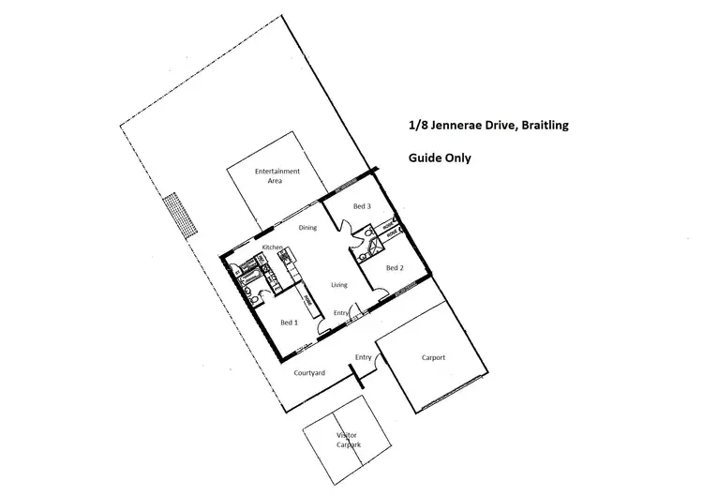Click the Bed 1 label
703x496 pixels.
coord(290,323)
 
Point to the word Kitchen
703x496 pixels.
coord(273,247)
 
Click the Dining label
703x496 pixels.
coord(308,227)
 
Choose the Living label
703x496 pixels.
coord(339,284)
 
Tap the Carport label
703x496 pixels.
coord(433,357)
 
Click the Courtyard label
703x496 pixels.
coord(310,373)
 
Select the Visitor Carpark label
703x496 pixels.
coord(349,441)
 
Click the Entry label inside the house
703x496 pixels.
coord(341,312)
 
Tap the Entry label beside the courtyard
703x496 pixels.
coord(363,357)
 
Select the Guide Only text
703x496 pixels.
coord(440,158)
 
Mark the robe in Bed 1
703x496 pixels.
coord(307,303)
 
